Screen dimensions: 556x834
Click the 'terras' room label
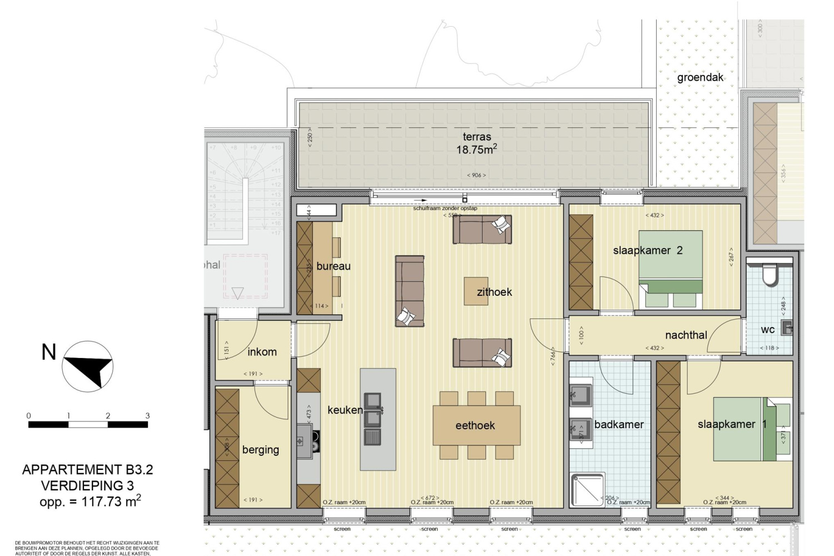click(476, 137)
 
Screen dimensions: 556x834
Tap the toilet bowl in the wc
click(770, 275)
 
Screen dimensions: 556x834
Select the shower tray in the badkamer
click(587, 490)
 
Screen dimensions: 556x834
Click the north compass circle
click(87, 366)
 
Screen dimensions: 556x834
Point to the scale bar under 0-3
click(88, 425)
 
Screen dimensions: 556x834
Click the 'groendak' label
click(700, 78)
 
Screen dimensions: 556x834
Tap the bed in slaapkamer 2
click(670, 269)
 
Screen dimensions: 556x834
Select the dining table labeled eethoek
click(476, 426)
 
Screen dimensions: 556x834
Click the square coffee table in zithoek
click(476, 291)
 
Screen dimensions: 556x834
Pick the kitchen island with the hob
click(378, 419)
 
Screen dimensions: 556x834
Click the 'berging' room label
click(260, 450)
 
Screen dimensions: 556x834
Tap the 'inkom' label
click(262, 352)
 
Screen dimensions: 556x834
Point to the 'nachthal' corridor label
click(686, 335)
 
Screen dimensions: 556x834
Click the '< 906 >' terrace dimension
click(476, 175)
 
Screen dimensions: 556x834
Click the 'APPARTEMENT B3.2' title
click(87, 470)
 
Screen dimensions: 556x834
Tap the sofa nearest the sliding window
click(482, 230)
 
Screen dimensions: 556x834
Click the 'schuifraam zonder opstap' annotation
click(445, 209)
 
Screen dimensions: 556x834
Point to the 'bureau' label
click(333, 266)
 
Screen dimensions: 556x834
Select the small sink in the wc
click(787, 328)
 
